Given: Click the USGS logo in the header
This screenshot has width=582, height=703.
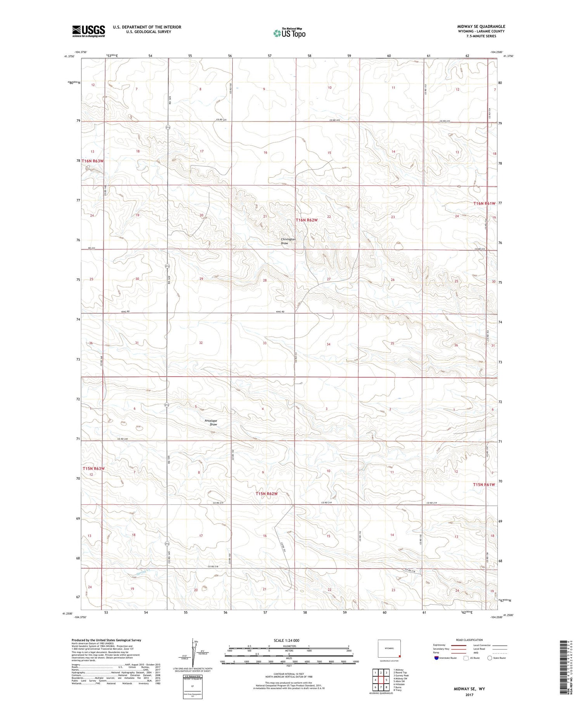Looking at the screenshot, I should click(88, 31).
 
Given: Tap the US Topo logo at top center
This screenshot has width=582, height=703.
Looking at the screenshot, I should click(289, 33).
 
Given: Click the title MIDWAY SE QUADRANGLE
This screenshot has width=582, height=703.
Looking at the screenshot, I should click(481, 26).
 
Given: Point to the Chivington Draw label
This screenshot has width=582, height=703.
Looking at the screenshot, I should click(288, 241).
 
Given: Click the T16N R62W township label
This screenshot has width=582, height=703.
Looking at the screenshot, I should click(307, 220).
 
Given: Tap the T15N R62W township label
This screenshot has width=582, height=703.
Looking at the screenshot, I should click(267, 494).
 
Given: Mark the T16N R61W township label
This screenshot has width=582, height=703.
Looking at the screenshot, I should click(484, 203).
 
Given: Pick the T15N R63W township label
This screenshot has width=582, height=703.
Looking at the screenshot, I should click(94, 468).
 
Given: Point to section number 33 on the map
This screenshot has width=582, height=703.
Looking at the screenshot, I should click(265, 343).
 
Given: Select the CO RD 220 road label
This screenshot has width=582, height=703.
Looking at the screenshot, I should click(123, 439).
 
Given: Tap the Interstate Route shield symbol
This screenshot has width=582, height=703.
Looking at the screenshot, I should click(436, 658).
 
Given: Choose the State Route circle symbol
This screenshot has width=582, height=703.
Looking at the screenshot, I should click(490, 658).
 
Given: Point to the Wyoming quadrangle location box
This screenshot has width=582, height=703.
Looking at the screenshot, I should click(389, 649).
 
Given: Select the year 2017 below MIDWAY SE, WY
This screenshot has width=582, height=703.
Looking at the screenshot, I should click(469, 694).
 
